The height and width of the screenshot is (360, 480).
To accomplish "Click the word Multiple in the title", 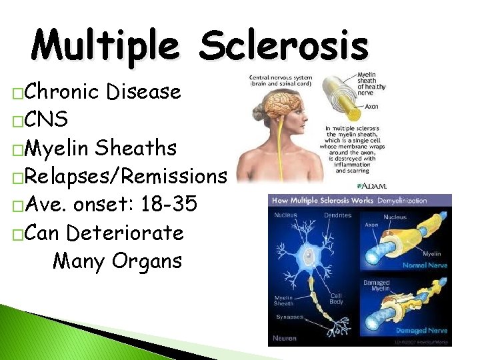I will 105,47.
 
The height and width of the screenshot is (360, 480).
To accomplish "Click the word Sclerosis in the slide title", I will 283,47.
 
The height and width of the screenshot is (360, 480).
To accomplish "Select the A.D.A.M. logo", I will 373,185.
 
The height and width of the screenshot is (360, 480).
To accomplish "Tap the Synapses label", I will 289,317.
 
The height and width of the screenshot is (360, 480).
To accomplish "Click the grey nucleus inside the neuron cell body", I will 311,254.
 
